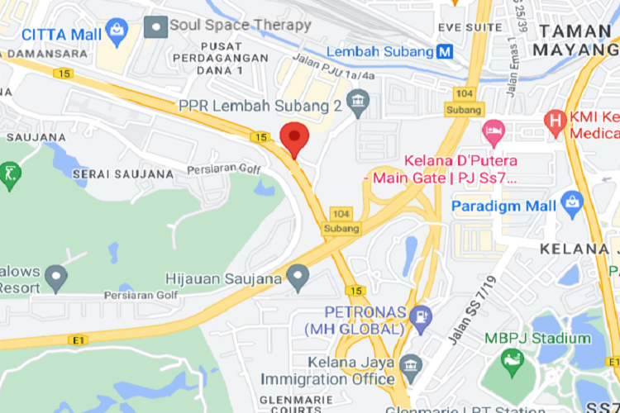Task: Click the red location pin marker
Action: tap(294, 138)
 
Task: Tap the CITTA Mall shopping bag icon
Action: tap(117, 34)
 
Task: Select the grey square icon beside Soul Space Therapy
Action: tap(155, 26)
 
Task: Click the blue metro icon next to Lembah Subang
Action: tap(445, 52)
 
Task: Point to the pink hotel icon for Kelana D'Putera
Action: tap(494, 131)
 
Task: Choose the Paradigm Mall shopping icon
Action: tap(571, 202)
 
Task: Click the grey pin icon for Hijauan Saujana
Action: tap(298, 278)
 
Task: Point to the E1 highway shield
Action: tap(79, 339)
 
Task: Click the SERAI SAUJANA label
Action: tap(123, 174)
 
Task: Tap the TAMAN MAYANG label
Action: tap(575, 40)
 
